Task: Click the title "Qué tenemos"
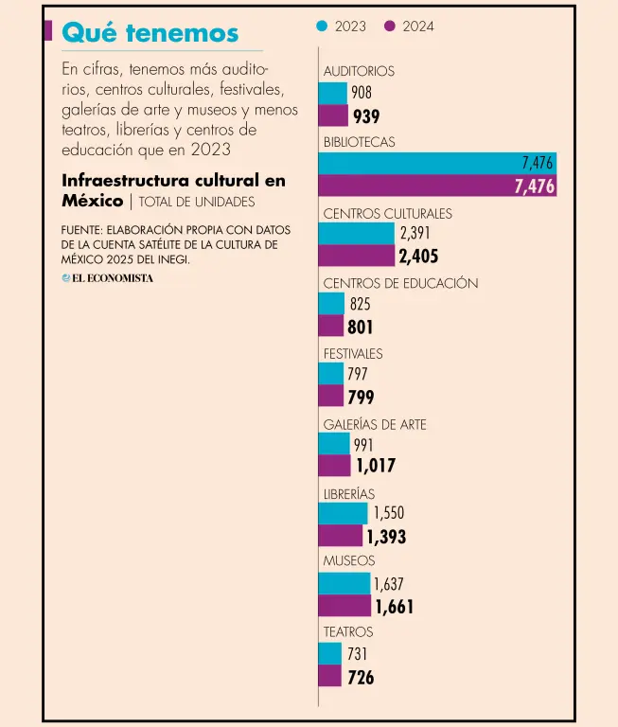click(150, 33)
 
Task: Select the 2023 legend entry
click(343, 27)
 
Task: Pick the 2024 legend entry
click(411, 27)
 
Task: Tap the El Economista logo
click(107, 278)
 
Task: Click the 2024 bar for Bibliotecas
click(436, 186)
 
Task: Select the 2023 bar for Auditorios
click(332, 93)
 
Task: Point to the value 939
click(366, 116)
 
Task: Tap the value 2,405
click(418, 257)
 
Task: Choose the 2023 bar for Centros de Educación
click(331, 303)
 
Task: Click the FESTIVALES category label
click(353, 353)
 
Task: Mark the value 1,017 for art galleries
click(376, 466)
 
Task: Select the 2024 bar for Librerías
click(340, 537)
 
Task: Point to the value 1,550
click(388, 513)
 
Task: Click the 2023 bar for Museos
click(344, 584)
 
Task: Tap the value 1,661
click(394, 607)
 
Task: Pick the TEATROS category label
click(348, 631)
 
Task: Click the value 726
click(361, 677)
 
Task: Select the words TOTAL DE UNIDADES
click(197, 202)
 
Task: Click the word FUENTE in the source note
click(81, 230)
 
